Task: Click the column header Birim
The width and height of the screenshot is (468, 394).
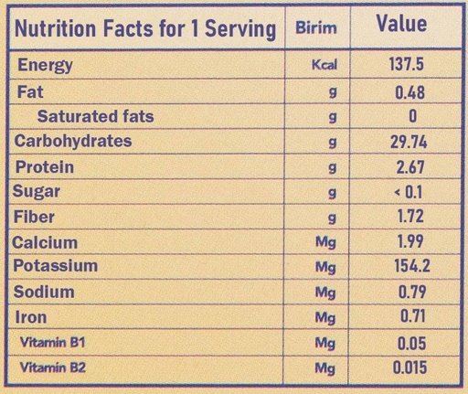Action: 316,27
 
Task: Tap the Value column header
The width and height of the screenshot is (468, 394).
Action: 401,24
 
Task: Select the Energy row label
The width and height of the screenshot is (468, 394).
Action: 45,65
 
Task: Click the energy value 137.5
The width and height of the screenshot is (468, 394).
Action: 407,64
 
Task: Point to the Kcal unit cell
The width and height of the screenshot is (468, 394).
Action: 324,65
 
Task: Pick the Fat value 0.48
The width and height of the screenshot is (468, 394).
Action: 409,92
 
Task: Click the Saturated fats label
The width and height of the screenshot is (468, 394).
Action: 95,116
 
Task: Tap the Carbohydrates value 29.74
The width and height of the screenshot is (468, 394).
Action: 409,142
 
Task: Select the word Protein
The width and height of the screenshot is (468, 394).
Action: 45,167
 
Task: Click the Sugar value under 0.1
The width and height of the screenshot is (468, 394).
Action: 409,192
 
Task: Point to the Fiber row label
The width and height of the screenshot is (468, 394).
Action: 34,217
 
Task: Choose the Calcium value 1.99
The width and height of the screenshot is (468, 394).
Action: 410,241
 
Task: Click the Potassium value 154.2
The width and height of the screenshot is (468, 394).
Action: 412,265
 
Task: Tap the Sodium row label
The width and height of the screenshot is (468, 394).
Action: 44,292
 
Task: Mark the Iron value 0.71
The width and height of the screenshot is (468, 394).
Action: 412,315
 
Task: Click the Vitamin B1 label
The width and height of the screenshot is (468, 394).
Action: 52,343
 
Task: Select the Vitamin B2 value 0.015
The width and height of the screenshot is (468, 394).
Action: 409,367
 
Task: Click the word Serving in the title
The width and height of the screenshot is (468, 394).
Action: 240,29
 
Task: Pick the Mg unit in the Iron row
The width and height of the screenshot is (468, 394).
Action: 325,318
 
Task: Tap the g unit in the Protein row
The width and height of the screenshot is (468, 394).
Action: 333,168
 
